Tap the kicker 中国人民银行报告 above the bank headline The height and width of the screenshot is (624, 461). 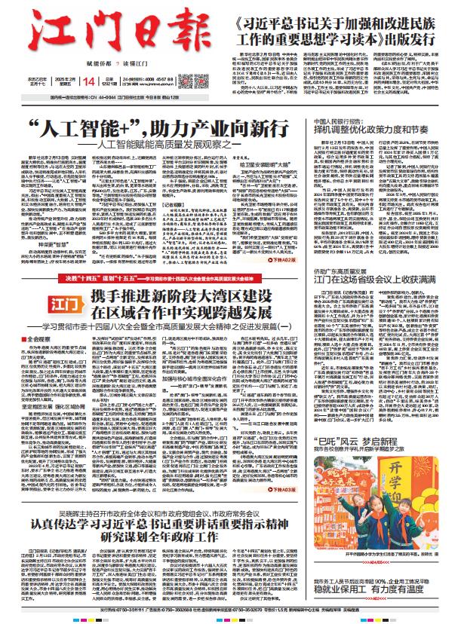[346, 119]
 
